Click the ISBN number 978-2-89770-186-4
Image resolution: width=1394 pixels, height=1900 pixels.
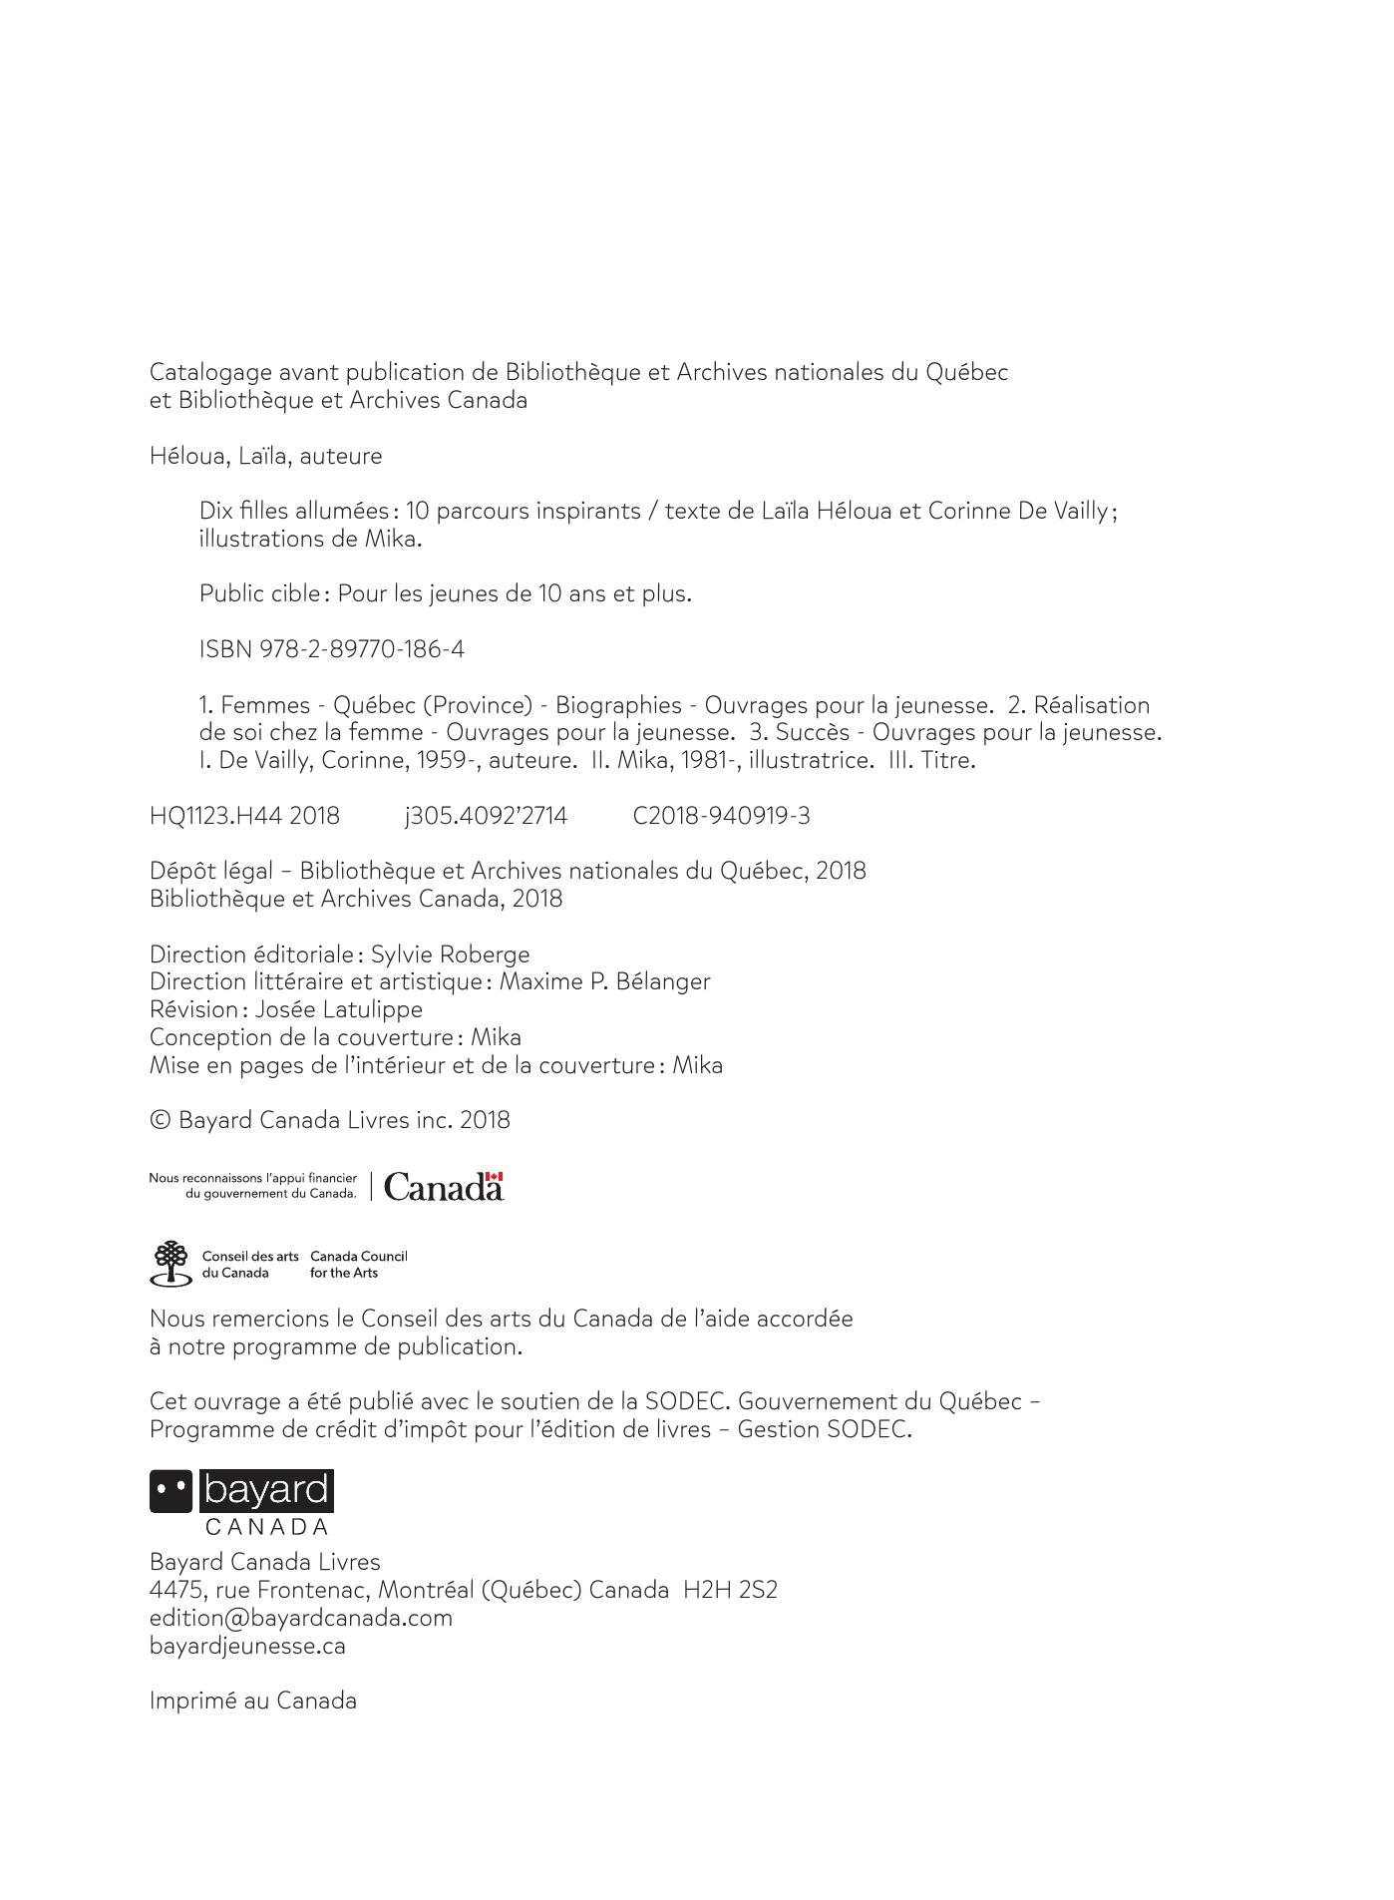pos(362,649)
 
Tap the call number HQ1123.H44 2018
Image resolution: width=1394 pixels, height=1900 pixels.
pos(244,816)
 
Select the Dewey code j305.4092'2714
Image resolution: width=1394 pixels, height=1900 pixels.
pos(486,816)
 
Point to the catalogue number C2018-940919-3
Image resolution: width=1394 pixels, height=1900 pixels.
pos(721,816)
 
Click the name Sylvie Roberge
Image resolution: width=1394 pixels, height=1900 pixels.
pos(450,954)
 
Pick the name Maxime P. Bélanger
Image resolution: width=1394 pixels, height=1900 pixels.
pos(604,981)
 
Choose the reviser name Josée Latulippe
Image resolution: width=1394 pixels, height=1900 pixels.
pos(338,1009)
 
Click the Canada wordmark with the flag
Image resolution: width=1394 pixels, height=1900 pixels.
pos(443,1187)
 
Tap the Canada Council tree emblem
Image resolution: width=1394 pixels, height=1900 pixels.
pos(171,1263)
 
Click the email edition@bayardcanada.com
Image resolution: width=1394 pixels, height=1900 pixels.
pos(300,1618)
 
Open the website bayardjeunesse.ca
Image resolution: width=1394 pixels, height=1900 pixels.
pos(247,1646)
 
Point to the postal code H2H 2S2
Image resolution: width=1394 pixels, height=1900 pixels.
pos(730,1590)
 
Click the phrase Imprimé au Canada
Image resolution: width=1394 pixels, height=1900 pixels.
pos(252,1701)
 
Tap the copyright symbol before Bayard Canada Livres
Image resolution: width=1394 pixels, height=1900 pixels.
pos(160,1120)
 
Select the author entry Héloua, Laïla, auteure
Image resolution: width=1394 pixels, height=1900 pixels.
pos(265,456)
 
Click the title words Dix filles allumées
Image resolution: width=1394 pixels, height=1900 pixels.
pos(293,511)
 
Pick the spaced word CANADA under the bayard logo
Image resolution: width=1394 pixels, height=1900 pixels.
pos(266,1527)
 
